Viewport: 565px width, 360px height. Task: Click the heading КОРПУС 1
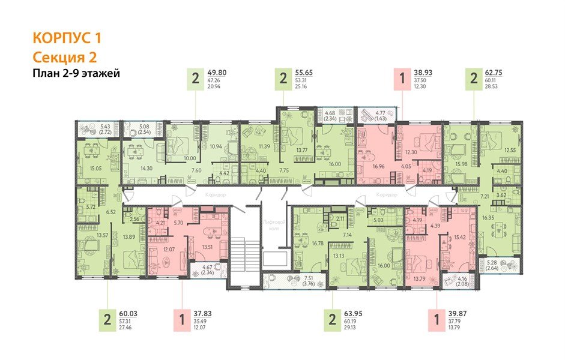[x=67, y=38]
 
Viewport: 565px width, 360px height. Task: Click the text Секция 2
[x=64, y=58]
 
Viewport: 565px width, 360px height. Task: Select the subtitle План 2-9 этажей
[x=76, y=74]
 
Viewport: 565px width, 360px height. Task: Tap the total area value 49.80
[x=217, y=73]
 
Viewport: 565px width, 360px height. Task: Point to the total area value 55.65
[x=306, y=73]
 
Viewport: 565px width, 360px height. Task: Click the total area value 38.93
[x=424, y=73]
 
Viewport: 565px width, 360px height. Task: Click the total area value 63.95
[x=352, y=312]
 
